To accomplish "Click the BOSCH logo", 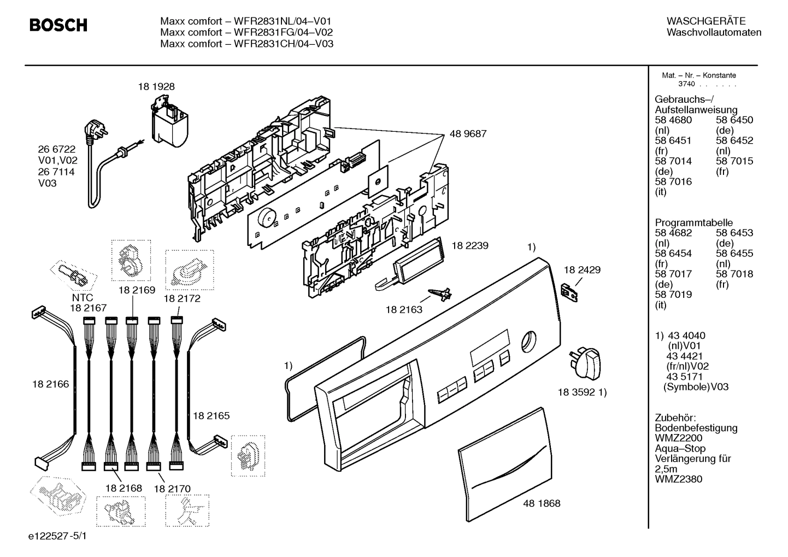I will click(x=58, y=25).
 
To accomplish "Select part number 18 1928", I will click(x=156, y=86).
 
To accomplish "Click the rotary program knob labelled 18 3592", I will click(x=586, y=362).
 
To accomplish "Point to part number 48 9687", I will click(x=468, y=133).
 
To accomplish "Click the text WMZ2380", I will click(x=678, y=479).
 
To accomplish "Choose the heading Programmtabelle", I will click(x=693, y=222).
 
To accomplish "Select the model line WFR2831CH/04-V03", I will click(x=246, y=44).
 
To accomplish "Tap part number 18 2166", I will click(x=50, y=384).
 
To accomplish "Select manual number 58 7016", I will click(x=673, y=181).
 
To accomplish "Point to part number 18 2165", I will click(x=211, y=415).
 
